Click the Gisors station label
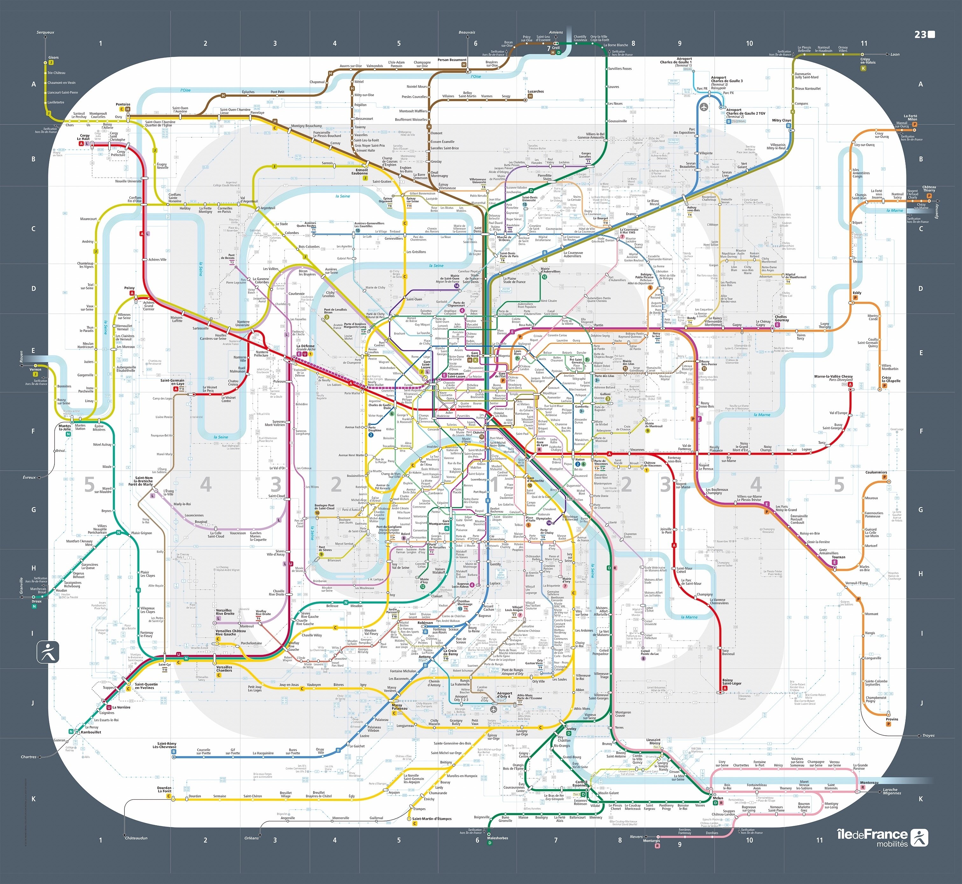point(53,57)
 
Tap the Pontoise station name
point(123,104)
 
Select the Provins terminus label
point(892,719)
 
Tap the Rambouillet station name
point(91,732)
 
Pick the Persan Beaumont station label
point(452,60)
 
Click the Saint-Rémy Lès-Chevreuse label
point(165,745)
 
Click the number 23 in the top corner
point(920,34)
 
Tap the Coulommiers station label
point(876,472)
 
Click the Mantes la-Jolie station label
point(65,427)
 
